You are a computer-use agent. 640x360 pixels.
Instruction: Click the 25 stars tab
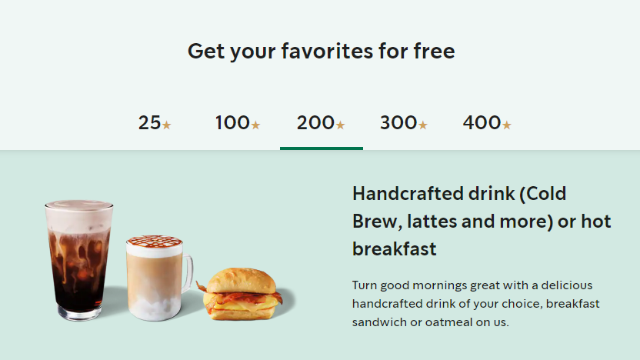pyautogui.click(x=155, y=122)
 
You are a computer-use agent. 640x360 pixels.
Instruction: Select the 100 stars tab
pyautogui.click(x=238, y=122)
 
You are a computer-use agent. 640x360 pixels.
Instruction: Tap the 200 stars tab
pyautogui.click(x=321, y=122)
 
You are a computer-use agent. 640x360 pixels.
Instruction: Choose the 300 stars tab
pyautogui.click(x=404, y=122)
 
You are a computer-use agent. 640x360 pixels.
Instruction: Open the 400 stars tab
pyautogui.click(x=487, y=122)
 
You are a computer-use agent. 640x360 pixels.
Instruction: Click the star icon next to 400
pyautogui.click(x=506, y=125)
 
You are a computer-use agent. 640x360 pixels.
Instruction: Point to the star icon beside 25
pyautogui.click(x=166, y=125)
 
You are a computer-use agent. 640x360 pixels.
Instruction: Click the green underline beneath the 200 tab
pyautogui.click(x=321, y=148)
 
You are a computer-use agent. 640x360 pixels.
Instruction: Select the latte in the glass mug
pyautogui.click(x=154, y=281)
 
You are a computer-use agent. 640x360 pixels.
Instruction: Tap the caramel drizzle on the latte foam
pyautogui.click(x=154, y=243)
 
